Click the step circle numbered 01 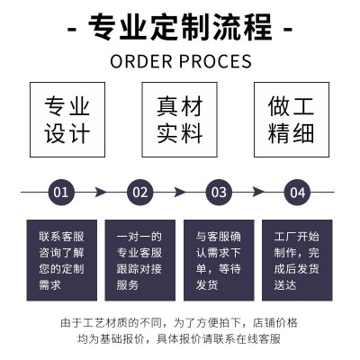[61, 193]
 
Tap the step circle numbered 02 [140, 193]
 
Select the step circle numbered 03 [219, 193]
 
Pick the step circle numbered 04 [297, 193]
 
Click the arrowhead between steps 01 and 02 [101, 192]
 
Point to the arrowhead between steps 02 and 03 [179, 192]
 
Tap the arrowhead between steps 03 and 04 [258, 192]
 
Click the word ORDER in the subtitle [141, 61]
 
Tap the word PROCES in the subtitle [215, 61]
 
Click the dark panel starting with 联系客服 [62, 260]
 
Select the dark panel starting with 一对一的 [140, 260]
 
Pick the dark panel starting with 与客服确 [219, 260]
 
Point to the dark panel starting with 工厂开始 [297, 260]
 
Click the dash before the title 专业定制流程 [72, 30]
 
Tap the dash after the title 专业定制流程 [288, 30]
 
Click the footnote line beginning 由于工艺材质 [179, 323]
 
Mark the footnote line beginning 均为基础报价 [179, 339]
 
